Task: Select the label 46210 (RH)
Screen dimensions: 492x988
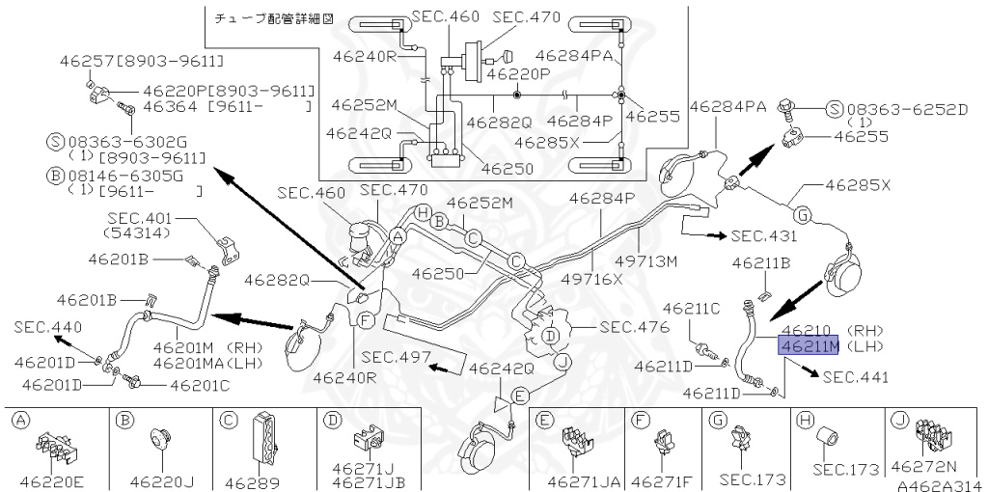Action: (829, 330)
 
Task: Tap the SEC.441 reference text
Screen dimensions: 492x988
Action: (857, 377)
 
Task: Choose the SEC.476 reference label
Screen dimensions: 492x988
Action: (632, 326)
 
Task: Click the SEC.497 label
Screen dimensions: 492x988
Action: (394, 356)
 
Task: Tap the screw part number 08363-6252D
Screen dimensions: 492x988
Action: (907, 109)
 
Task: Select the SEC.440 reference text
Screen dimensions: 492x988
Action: (46, 327)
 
